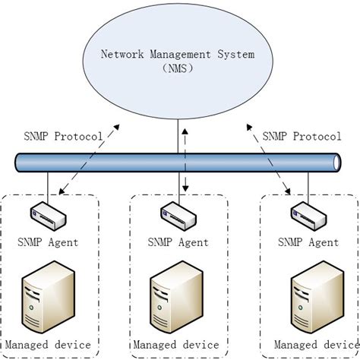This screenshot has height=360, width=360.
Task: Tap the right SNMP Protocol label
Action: [302, 137]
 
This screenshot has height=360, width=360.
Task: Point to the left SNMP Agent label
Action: [48, 242]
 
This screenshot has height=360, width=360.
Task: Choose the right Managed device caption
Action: [308, 346]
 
